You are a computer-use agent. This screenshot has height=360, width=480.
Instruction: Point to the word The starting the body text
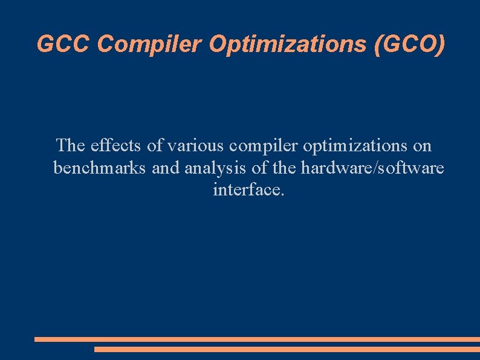tap(71, 146)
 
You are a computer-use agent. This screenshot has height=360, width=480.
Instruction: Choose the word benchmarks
tap(99, 168)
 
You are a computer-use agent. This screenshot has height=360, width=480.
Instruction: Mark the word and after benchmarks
tap(166, 168)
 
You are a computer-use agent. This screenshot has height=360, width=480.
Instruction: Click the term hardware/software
tap(372, 168)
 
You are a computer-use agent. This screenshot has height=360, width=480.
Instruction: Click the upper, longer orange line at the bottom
tap(257, 339)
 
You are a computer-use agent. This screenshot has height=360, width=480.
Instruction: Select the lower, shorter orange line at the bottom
tap(287, 349)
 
